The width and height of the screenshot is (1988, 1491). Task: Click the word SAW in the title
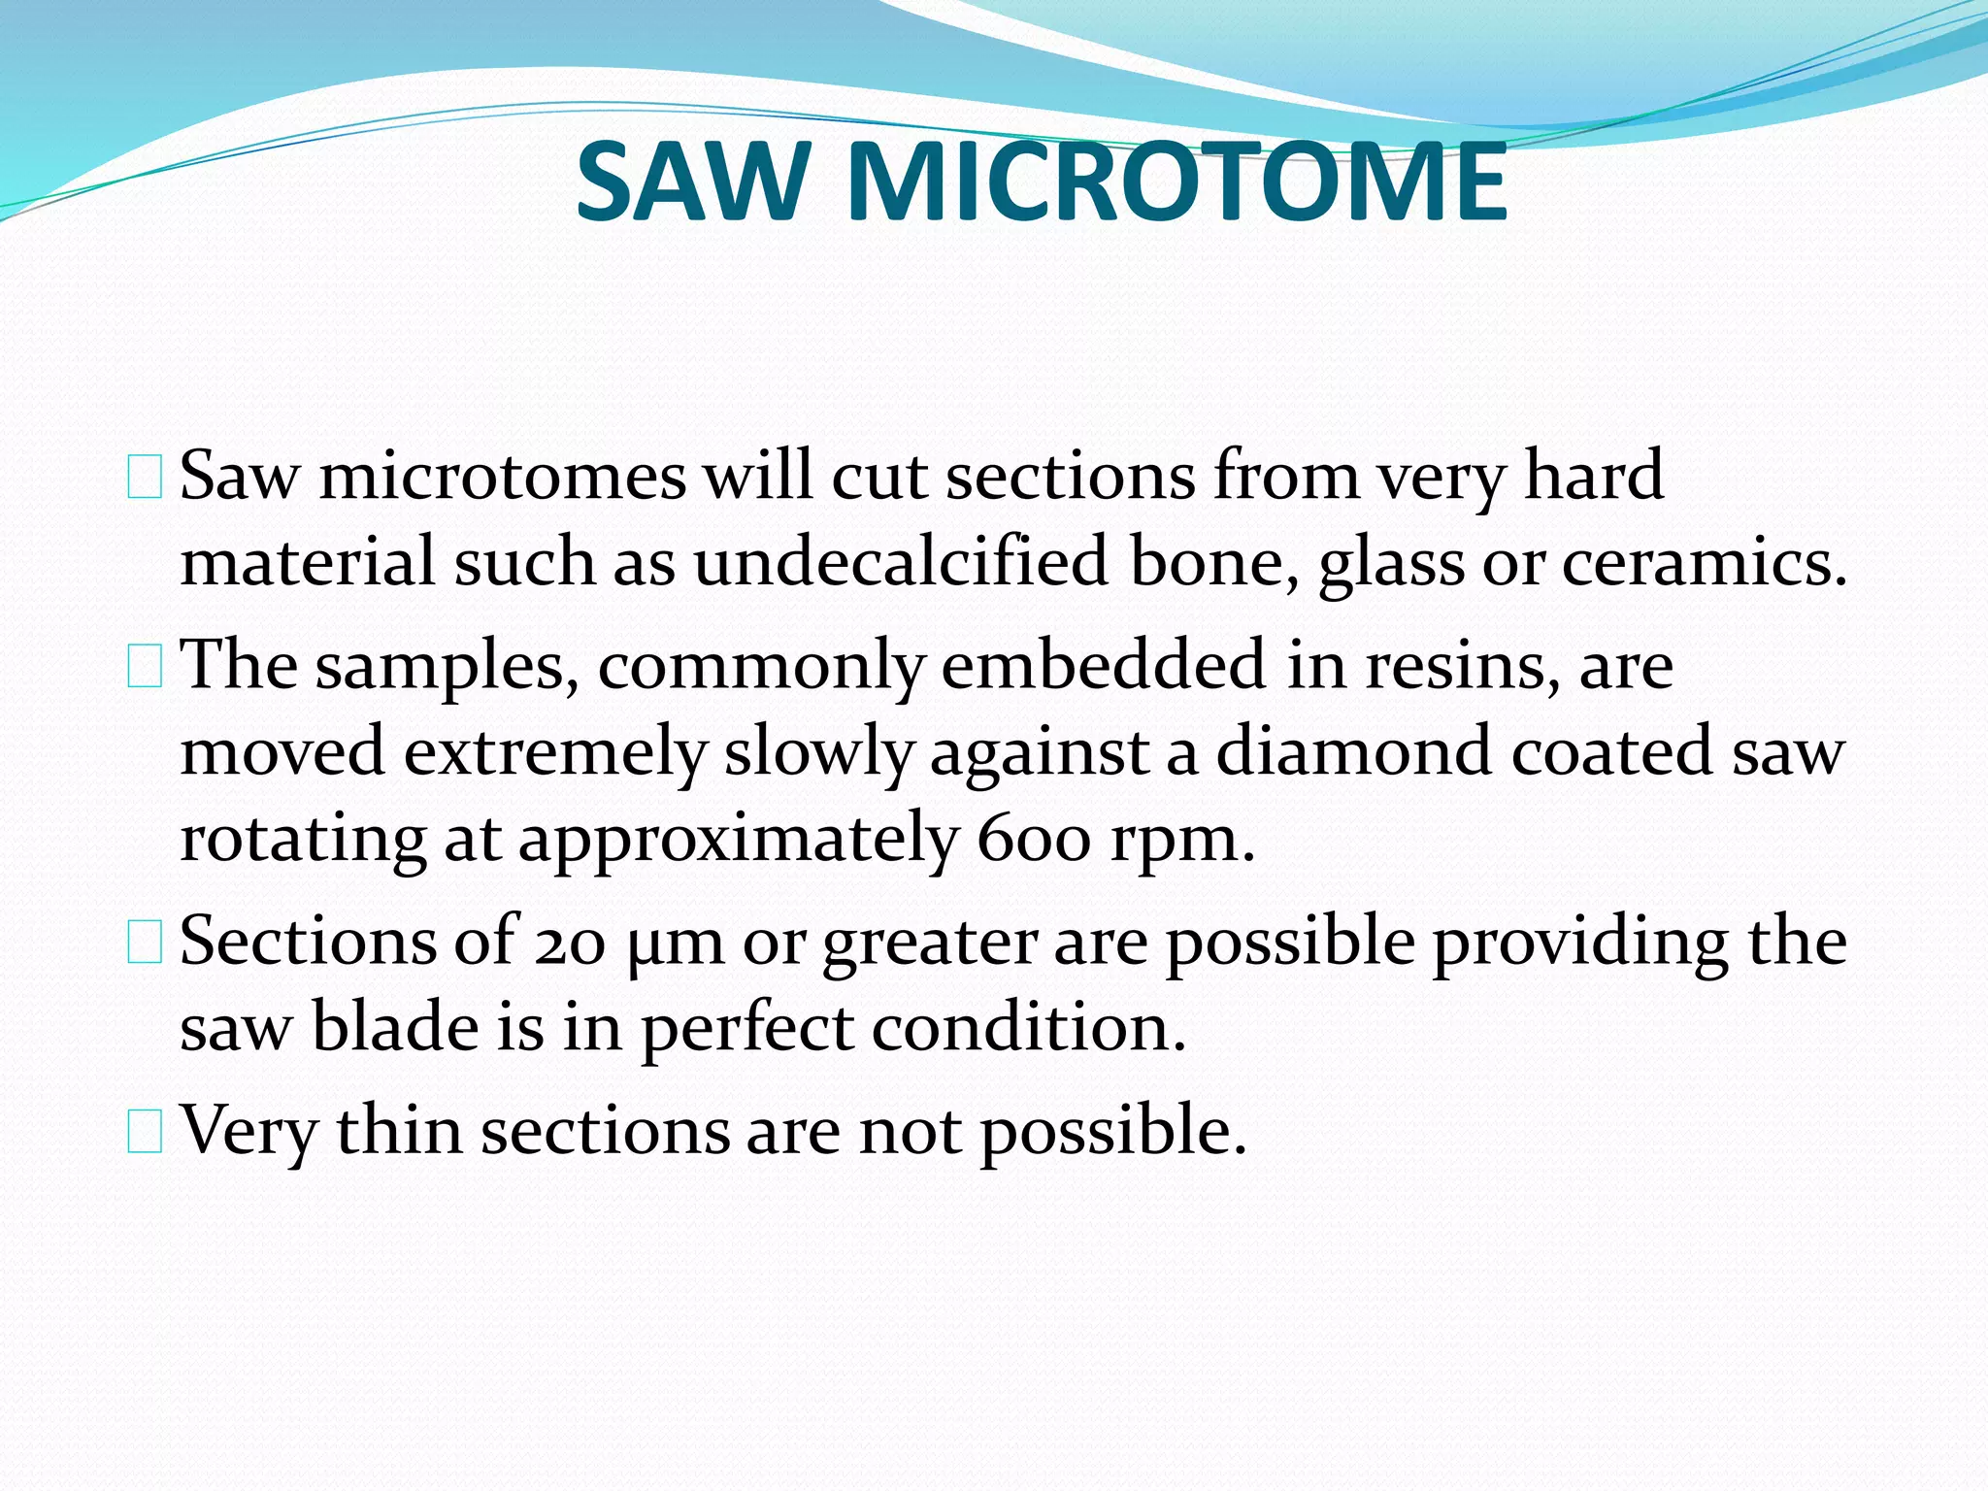pos(692,182)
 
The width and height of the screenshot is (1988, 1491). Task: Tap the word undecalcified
pos(900,563)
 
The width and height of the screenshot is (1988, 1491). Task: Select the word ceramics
pos(1704,563)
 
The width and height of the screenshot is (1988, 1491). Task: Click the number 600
pos(1033,839)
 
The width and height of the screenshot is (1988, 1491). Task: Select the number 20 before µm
pos(571,943)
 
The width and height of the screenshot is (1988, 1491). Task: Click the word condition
pos(1028,1027)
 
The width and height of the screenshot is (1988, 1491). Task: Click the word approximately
pos(737,839)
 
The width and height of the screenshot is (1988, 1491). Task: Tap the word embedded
pos(1103,666)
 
